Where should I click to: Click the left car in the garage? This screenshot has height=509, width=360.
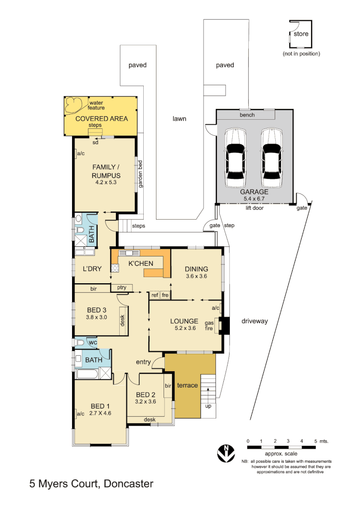pyautogui.click(x=236, y=157)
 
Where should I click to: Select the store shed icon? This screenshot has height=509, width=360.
pyautogui.click(x=300, y=34)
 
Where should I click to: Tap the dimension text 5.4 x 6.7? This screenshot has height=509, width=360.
pyautogui.click(x=254, y=199)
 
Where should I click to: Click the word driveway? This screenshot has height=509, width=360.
pyautogui.click(x=254, y=321)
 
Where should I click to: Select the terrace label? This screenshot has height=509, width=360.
pyautogui.click(x=187, y=386)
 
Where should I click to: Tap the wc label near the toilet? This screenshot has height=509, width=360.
pyautogui.click(x=93, y=342)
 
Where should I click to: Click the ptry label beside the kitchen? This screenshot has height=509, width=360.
pyautogui.click(x=122, y=287)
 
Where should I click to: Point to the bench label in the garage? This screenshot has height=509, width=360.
pyautogui.click(x=247, y=115)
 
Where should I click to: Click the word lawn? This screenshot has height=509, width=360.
pyautogui.click(x=179, y=119)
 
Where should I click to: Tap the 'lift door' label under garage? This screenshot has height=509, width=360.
pyautogui.click(x=254, y=208)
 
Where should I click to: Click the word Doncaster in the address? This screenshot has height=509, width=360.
pyautogui.click(x=128, y=483)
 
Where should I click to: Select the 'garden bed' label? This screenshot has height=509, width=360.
pyautogui.click(x=140, y=174)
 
